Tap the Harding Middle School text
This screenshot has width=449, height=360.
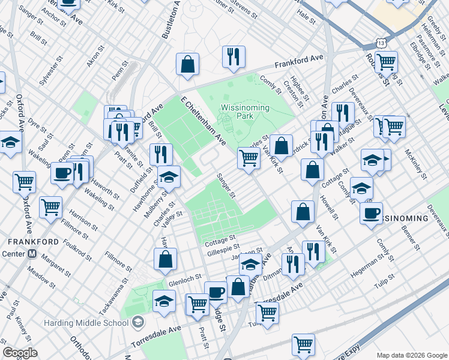tap(86, 323)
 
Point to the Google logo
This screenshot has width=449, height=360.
tap(20, 353)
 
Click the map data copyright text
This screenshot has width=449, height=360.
tap(411, 355)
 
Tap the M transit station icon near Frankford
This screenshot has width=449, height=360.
tap(32, 253)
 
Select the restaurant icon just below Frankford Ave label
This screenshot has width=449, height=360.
tap(232, 57)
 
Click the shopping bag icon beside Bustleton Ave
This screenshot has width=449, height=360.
tap(188, 65)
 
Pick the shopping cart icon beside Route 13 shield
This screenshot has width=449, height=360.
tap(387, 62)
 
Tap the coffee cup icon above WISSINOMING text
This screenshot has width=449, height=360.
tap(372, 212)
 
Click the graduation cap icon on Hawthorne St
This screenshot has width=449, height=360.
tap(169, 177)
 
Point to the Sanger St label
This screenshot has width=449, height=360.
tap(226, 186)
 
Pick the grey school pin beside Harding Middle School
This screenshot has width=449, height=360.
tap(139, 323)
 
